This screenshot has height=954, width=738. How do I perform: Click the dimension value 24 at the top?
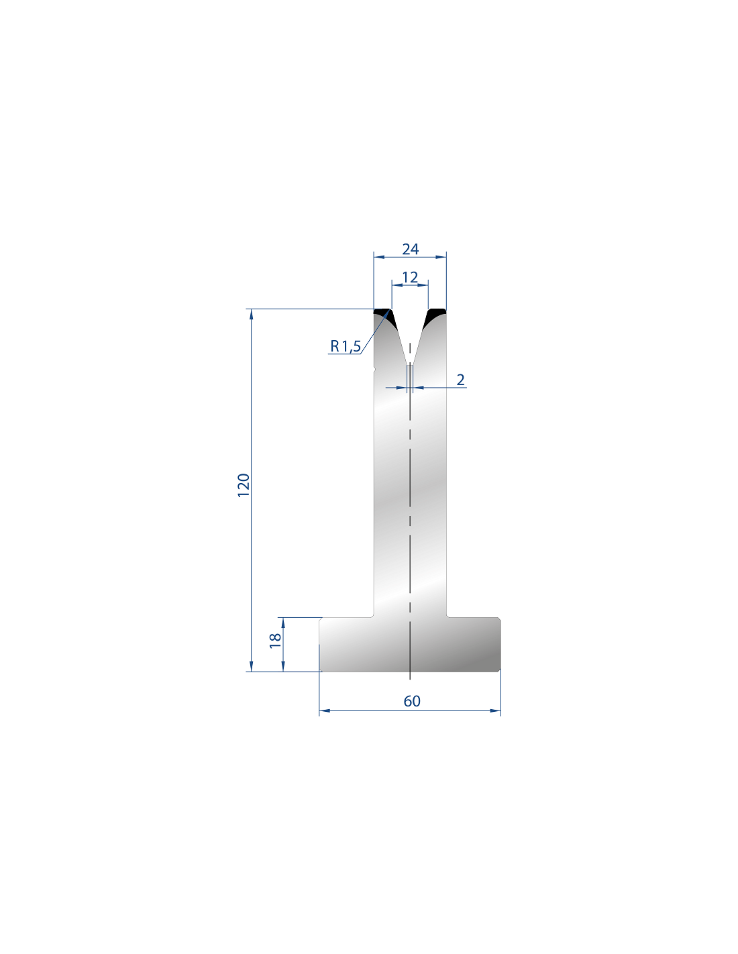pos(410,250)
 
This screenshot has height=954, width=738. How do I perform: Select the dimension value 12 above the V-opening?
pos(410,278)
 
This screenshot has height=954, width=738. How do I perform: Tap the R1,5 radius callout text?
pos(346,346)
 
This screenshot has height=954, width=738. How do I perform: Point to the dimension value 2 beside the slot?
pos(460,380)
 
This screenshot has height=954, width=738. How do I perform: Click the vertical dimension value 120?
pos(244,485)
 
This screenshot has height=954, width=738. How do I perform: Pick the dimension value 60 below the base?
pos(412,701)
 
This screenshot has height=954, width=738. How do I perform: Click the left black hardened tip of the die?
pos(386,317)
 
